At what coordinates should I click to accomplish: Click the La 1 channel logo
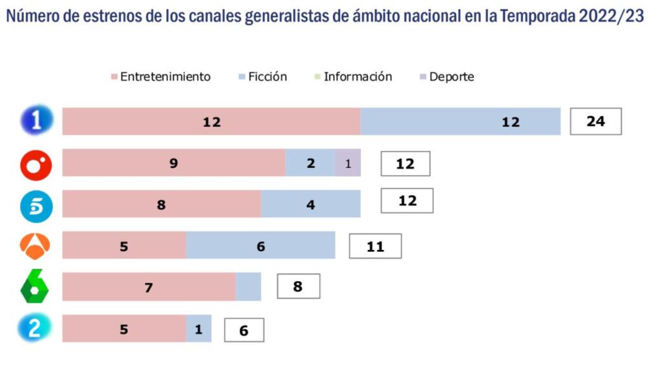(x=36, y=121)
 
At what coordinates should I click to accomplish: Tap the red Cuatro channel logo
(x=36, y=164)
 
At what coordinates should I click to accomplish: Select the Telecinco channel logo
(x=36, y=205)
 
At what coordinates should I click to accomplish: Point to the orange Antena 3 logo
(x=36, y=246)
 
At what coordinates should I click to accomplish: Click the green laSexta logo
(x=35, y=286)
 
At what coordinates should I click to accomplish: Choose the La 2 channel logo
(x=34, y=329)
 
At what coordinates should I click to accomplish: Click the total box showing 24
(x=595, y=121)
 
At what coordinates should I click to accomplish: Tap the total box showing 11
(x=375, y=246)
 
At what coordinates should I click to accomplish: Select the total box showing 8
(x=298, y=286)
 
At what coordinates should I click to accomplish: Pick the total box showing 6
(x=244, y=330)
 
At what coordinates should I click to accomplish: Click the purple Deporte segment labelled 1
(x=348, y=163)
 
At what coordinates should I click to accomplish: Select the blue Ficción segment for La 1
(x=460, y=121)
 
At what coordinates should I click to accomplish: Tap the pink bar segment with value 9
(x=173, y=163)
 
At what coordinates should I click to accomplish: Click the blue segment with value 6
(x=261, y=246)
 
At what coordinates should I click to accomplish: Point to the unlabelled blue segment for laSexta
(x=248, y=287)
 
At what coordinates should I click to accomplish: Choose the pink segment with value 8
(x=162, y=205)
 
